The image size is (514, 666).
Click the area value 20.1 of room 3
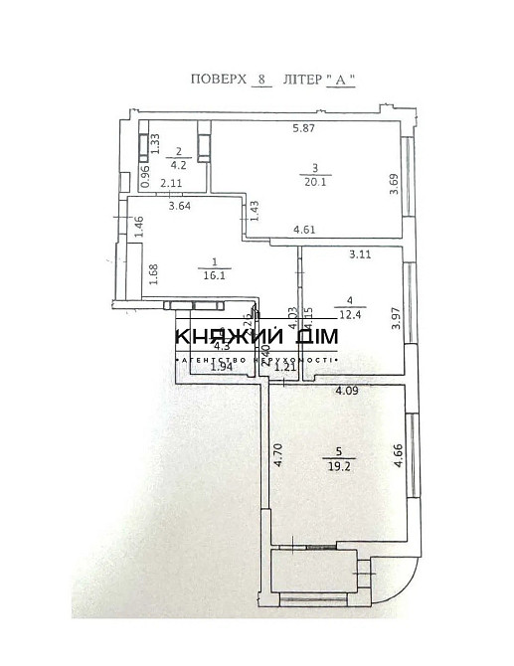(x=315, y=181)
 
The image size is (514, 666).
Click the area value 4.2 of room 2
(x=179, y=165)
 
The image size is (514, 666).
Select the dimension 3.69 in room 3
(x=394, y=186)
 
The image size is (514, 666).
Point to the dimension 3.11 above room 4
(x=359, y=254)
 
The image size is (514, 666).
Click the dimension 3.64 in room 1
(x=179, y=207)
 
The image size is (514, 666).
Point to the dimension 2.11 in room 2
(x=170, y=184)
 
